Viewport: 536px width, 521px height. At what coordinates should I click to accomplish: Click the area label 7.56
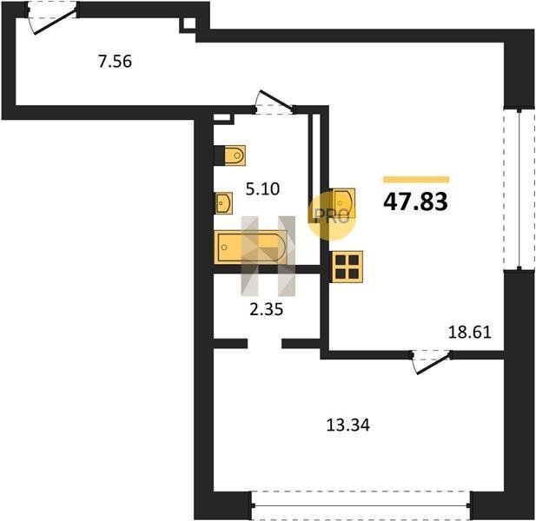115,62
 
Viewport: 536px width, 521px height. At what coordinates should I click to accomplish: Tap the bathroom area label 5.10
262,189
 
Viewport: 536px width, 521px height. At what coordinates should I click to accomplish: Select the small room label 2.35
267,310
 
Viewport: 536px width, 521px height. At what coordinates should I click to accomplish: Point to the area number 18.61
469,332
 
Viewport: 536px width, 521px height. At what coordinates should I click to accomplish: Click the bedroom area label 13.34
348,425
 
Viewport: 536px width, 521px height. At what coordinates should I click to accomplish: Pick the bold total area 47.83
415,202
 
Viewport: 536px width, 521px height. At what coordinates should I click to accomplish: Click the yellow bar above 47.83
416,180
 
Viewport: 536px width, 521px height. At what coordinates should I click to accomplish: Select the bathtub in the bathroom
250,247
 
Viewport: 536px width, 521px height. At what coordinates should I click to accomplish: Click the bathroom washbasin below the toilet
223,203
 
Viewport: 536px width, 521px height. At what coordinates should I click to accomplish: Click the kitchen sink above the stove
343,203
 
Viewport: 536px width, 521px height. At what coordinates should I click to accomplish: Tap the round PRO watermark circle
332,216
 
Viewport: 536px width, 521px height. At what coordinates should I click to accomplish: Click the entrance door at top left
51,17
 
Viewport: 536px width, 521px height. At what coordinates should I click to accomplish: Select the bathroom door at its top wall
275,102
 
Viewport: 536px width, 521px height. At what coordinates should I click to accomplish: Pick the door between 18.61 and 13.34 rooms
431,361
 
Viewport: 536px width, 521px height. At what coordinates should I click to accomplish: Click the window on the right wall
519,188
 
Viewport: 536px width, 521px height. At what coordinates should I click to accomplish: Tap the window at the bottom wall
361,505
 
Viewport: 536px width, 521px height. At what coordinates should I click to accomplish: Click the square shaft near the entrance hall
188,24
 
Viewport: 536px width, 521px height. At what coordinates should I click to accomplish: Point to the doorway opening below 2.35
265,343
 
